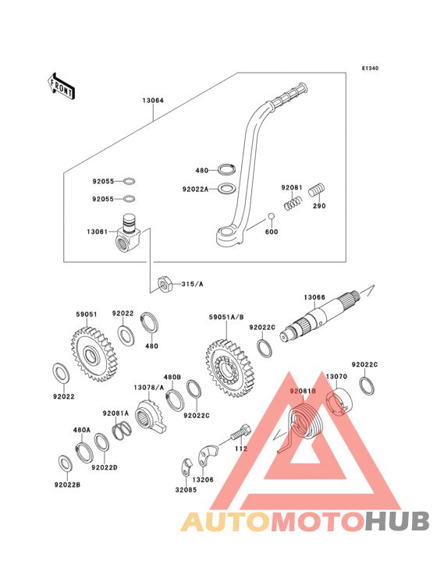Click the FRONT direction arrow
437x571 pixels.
(61, 87)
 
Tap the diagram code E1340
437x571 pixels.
(370, 68)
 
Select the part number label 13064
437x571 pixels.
(153, 101)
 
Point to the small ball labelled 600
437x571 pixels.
(271, 217)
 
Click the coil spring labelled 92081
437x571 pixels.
(293, 203)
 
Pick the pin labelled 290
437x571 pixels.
(317, 190)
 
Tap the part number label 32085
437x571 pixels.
(186, 490)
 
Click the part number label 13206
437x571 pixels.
(203, 480)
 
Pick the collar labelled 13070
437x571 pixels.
(339, 403)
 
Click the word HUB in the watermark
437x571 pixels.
(398, 521)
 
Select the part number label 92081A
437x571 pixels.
(115, 413)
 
